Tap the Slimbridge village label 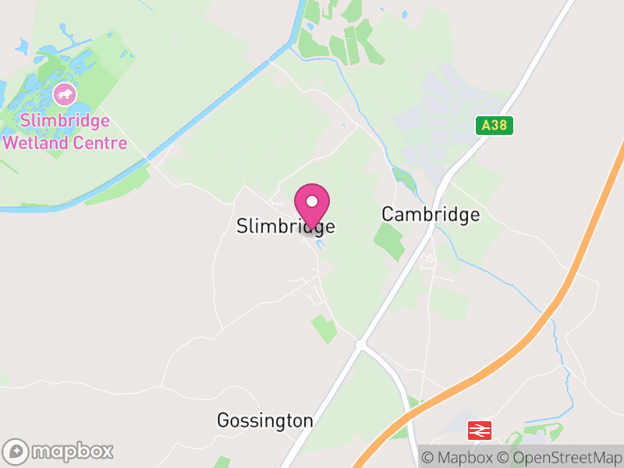285,226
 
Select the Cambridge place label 431,214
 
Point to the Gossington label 264,421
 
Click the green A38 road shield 495,125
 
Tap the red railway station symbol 479,430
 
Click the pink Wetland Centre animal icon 65,95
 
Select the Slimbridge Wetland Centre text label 66,132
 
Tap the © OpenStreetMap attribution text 558,457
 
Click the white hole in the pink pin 312,200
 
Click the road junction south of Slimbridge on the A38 360,343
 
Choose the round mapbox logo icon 16,451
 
